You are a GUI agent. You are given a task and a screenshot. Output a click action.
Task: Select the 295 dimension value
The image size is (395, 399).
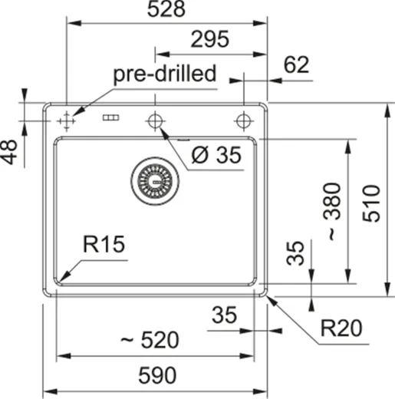coord(210,40)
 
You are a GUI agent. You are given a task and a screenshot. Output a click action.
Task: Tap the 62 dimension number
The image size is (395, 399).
coord(296,65)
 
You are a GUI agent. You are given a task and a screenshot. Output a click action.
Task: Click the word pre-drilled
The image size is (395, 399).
coord(164,74)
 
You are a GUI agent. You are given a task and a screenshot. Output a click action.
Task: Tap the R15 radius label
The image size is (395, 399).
coord(104,245)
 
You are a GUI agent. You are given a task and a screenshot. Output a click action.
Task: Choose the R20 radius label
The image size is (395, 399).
coord(341,329)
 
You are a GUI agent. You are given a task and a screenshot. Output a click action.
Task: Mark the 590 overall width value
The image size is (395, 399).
coord(157,376)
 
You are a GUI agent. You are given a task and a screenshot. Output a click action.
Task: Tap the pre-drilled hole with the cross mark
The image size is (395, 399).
coord(66,120)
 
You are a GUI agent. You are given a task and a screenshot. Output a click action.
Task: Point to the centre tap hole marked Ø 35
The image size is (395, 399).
coord(155,120)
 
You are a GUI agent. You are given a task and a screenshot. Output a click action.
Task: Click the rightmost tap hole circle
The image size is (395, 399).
coord(244,120)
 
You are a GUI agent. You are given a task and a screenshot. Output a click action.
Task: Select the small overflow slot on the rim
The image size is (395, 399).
coord(111,119)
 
